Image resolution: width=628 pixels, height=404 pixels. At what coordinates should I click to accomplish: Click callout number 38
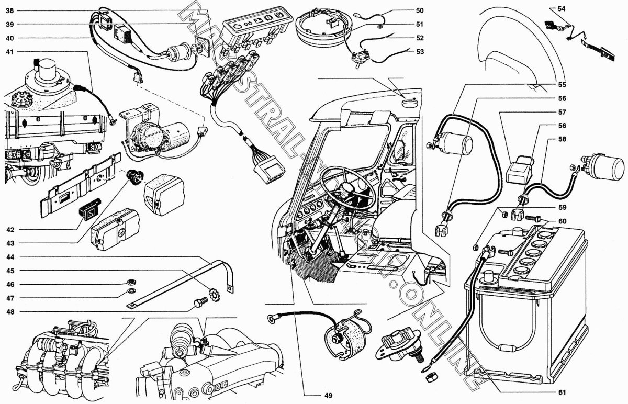pyautogui.click(x=10, y=10)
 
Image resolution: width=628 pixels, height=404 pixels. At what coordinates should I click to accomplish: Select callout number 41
pyautogui.click(x=10, y=51)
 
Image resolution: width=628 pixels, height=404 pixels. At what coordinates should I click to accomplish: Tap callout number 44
pyautogui.click(x=10, y=257)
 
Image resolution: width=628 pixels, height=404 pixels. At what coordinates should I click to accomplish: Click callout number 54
pyautogui.click(x=562, y=9)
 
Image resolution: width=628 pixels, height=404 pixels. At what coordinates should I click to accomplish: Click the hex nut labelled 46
pyautogui.click(x=132, y=284)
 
